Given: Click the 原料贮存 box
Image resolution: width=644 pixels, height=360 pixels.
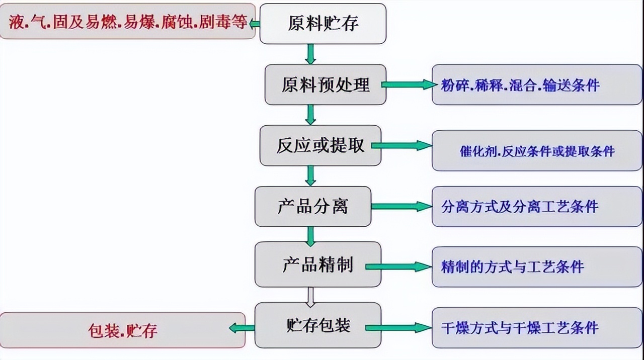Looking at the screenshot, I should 323,24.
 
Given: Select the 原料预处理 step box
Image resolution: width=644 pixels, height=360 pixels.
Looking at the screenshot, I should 326,84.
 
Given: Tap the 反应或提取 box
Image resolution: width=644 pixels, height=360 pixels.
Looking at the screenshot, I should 320,145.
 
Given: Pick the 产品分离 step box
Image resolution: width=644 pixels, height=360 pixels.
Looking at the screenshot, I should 312,206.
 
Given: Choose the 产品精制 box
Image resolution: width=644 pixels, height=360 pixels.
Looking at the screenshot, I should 317,264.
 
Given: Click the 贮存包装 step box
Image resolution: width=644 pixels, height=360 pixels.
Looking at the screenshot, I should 317,325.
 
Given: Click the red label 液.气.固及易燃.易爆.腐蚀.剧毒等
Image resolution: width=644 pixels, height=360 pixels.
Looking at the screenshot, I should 128,22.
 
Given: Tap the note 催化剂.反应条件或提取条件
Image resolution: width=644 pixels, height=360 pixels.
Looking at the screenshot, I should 537,150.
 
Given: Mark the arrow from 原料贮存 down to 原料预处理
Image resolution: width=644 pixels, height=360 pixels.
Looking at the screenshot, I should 310,54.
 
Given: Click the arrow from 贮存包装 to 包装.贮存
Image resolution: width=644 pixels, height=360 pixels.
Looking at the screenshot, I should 242,328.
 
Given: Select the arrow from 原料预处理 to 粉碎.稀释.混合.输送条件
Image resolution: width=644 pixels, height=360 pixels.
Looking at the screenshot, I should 409,84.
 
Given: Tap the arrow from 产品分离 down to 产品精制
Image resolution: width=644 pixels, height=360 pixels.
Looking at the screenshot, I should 310,236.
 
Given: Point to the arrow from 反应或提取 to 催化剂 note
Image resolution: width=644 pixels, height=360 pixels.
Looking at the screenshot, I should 401,146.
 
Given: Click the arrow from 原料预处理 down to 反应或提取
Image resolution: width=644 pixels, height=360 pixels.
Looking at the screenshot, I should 310,115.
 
